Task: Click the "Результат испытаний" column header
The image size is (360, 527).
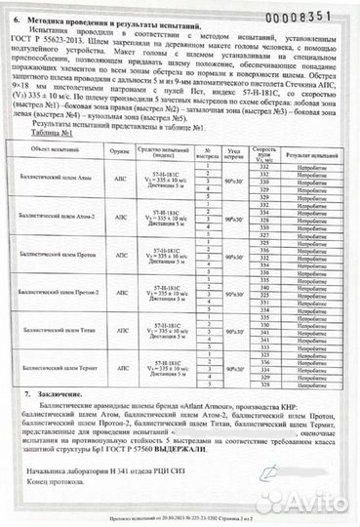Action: click(x=308, y=153)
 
